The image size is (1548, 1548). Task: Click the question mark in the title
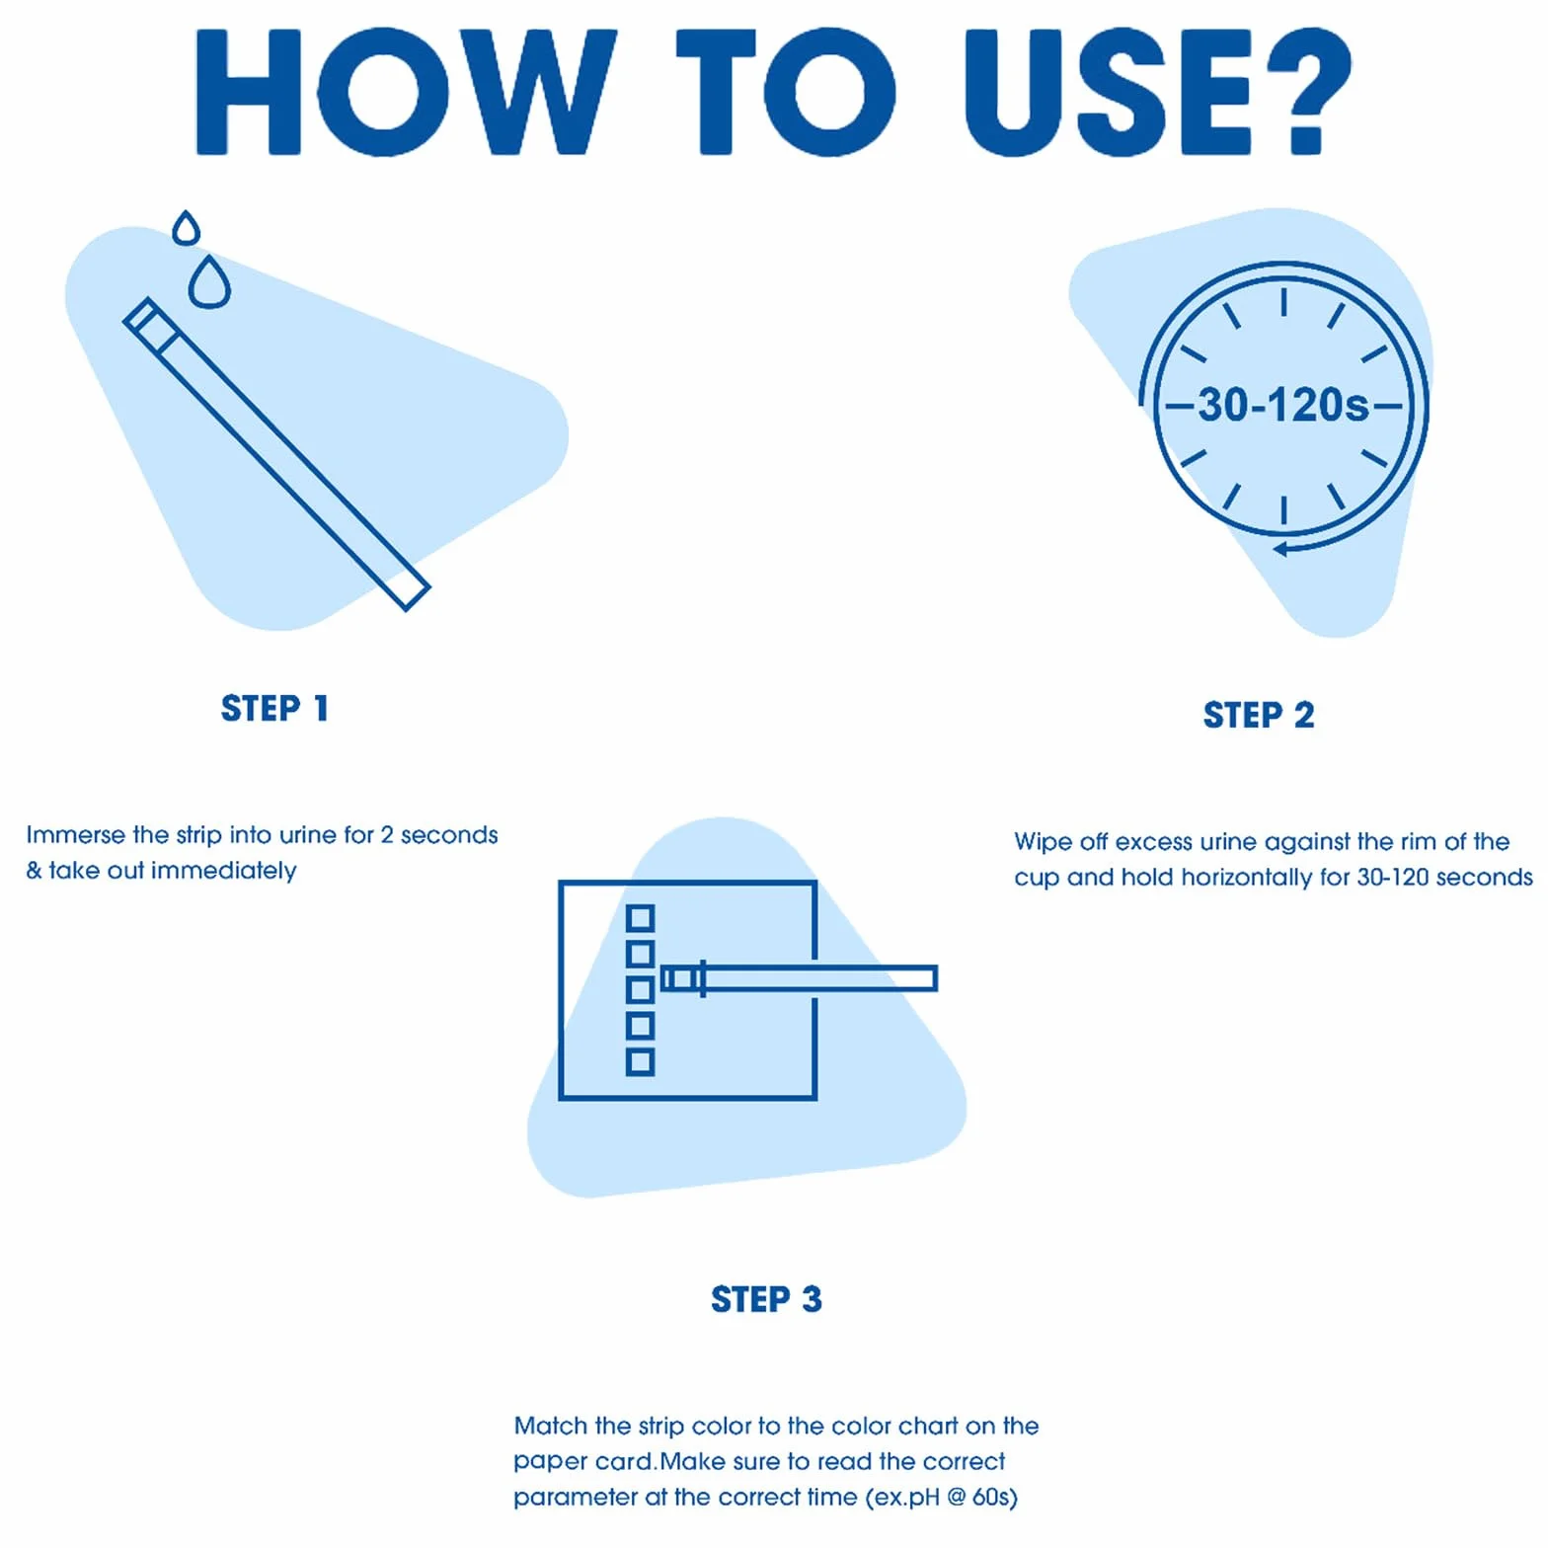(1308, 92)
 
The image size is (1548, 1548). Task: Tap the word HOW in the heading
(406, 92)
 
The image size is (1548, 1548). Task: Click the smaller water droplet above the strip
(186, 229)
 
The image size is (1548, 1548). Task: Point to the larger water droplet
(209, 283)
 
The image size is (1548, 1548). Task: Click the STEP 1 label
(274, 708)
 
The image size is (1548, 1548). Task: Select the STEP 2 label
(1259, 715)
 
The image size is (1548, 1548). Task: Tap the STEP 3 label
(766, 1299)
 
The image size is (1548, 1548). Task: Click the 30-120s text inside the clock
(1283, 405)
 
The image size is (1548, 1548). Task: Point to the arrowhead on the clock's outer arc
(1280, 549)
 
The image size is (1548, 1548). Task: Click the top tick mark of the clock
(1283, 301)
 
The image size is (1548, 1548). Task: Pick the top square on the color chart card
(641, 918)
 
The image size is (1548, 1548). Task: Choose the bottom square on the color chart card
(641, 1062)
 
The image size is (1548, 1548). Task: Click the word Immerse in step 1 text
(76, 835)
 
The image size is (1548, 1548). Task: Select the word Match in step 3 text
(551, 1426)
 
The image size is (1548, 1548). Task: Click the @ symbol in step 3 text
(956, 1498)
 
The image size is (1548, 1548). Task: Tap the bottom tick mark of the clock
(1283, 509)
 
